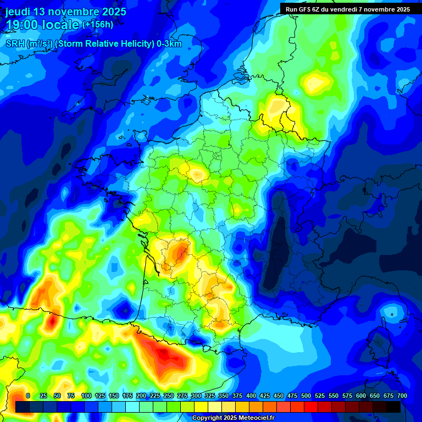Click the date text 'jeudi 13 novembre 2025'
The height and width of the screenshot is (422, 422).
pos(66,12)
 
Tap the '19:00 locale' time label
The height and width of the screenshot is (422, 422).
pos(42,25)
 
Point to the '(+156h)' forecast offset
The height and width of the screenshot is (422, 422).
pos(98,25)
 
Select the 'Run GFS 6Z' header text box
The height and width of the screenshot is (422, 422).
pos(348,9)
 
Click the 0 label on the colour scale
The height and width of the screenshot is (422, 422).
pos(28,396)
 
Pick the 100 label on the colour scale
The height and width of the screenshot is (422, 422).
pos(86,396)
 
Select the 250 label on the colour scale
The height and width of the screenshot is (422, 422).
pos(169,396)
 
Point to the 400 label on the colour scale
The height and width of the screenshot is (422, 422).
pos(251,396)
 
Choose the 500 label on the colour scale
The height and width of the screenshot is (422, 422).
pos(306,396)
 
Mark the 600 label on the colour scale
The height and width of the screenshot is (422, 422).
pos(361,396)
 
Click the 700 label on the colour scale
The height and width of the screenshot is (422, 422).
pos(402,396)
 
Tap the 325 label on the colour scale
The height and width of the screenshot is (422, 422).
pos(210,396)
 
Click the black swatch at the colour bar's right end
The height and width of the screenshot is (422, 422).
pos(393,407)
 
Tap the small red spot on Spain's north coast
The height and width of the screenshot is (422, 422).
pos(51,321)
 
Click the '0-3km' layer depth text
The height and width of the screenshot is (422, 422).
pos(169,44)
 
